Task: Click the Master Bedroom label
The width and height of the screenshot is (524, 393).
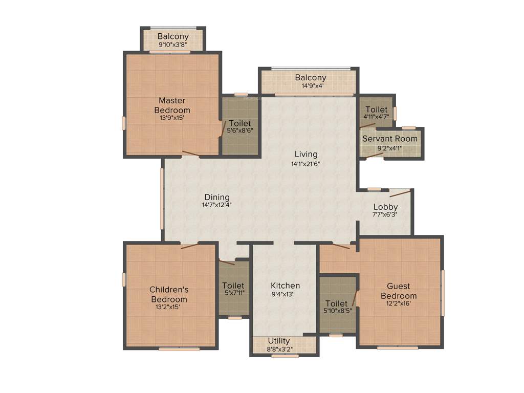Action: click(x=172, y=105)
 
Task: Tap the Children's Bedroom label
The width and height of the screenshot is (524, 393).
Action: click(x=168, y=294)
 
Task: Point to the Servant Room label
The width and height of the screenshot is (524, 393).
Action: click(x=389, y=139)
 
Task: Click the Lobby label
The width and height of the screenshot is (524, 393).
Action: click(x=385, y=207)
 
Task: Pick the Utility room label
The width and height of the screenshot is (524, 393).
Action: click(x=278, y=341)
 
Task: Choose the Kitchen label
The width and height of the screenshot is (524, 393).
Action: click(x=285, y=286)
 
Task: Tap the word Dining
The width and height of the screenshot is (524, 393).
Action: click(x=217, y=197)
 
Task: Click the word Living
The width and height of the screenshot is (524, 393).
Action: click(x=305, y=154)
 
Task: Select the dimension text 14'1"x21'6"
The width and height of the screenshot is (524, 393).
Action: click(x=305, y=164)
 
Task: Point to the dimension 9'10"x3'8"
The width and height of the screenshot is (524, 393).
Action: click(x=172, y=45)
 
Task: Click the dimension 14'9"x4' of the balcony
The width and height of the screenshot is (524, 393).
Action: click(x=310, y=86)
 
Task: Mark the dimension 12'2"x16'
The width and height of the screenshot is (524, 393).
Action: click(x=399, y=303)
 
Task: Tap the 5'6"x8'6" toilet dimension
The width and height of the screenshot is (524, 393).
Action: click(x=239, y=130)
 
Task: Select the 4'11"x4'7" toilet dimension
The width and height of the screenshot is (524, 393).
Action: click(x=376, y=116)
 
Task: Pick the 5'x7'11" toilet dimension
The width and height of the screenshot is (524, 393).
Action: click(x=233, y=293)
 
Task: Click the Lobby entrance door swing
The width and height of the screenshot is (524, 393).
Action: click(x=400, y=193)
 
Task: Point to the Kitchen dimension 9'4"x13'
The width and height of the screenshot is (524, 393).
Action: click(x=285, y=294)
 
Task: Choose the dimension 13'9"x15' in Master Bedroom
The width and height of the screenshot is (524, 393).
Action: click(x=172, y=118)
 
